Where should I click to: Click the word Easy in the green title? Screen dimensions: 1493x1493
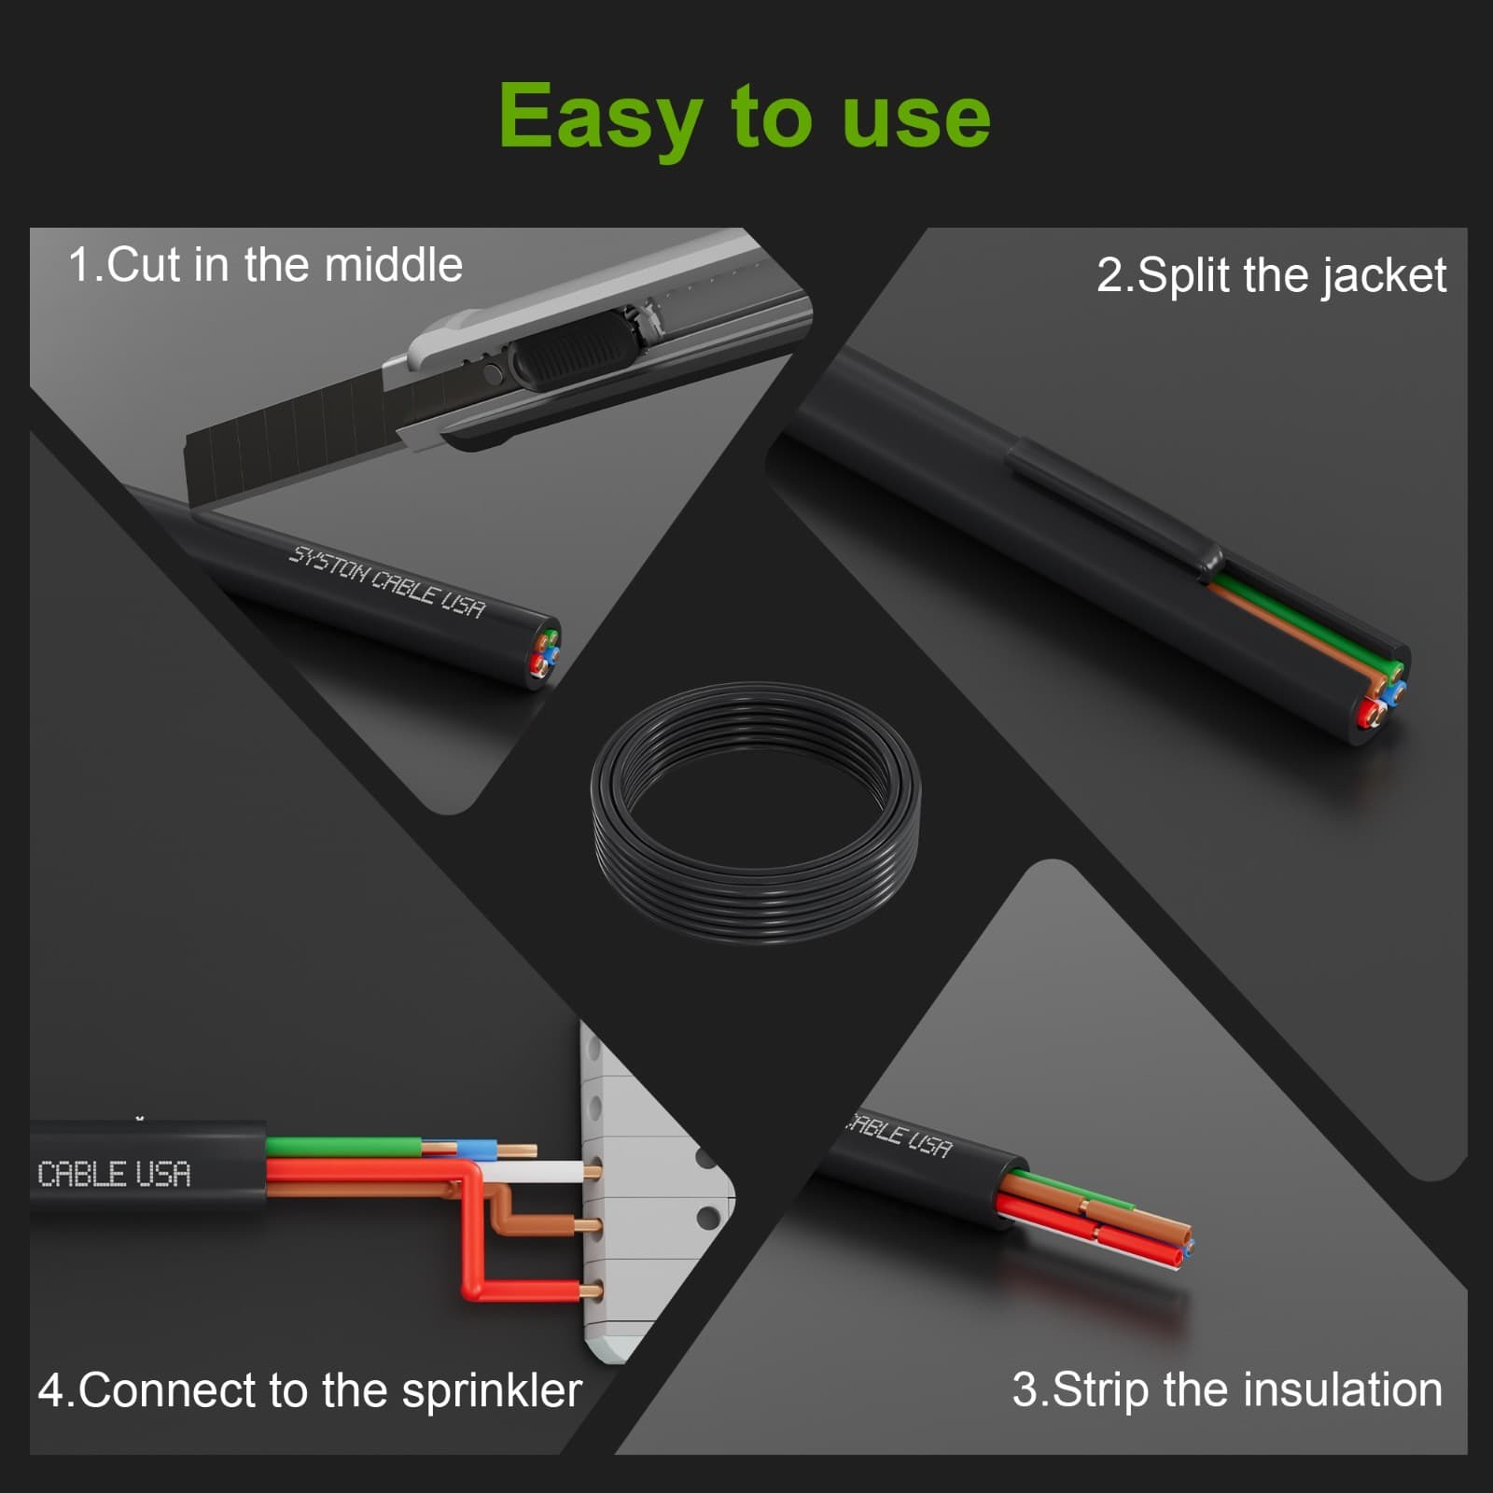pos(599,117)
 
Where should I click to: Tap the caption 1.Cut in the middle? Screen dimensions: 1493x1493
pos(266,265)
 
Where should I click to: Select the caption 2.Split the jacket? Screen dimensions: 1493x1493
pos(1271,276)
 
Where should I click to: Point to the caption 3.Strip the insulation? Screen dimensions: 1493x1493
pos(1227,1390)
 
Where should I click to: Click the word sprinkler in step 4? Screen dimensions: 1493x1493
pos(492,1391)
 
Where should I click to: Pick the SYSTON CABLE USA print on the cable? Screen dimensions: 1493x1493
pos(387,582)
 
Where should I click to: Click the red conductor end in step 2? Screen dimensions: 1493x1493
pos(1371,715)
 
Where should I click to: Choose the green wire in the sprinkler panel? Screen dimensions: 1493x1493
pos(343,1147)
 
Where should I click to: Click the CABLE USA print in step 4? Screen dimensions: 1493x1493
pos(114,1174)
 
